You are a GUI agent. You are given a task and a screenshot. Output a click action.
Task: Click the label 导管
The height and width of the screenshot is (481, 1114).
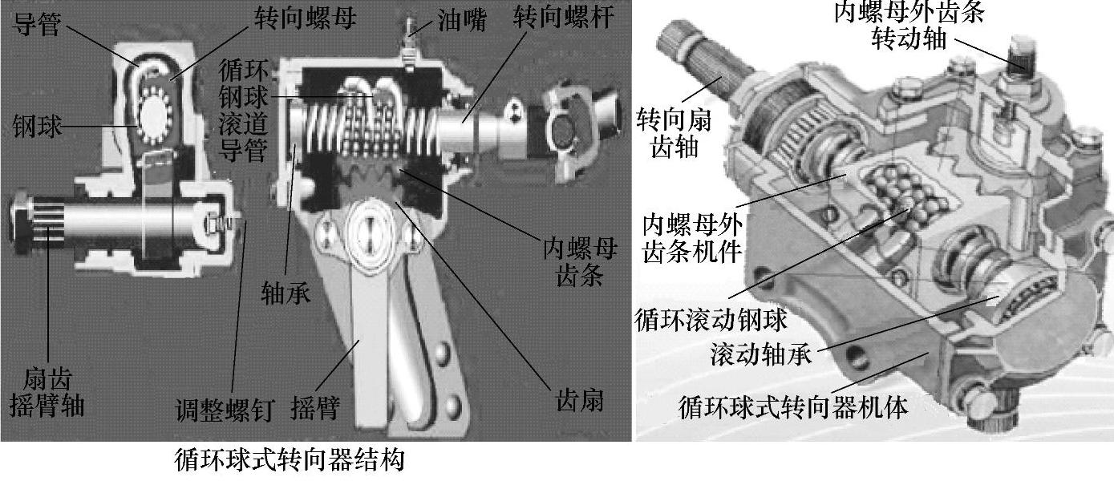pyautogui.click(x=38, y=24)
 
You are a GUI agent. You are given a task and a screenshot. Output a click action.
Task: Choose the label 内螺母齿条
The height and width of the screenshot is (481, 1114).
pyautogui.click(x=579, y=263)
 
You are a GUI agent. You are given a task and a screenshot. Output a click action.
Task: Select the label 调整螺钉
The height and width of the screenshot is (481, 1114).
pyautogui.click(x=225, y=410)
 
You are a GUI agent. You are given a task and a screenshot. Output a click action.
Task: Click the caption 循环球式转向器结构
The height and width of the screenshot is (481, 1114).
pyautogui.click(x=290, y=461)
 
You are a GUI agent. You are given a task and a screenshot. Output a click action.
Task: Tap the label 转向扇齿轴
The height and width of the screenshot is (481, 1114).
pyautogui.click(x=667, y=132)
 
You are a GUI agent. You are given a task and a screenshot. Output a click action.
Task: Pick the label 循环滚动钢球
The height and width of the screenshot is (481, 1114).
pyautogui.click(x=711, y=320)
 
